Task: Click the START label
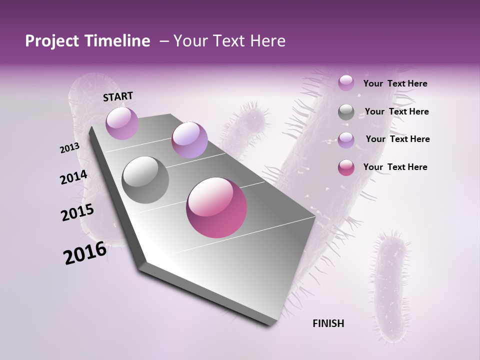(118, 96)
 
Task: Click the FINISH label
(328, 323)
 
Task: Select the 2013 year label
(69, 148)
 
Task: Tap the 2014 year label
(73, 177)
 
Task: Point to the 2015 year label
(77, 212)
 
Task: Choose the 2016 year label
(85, 253)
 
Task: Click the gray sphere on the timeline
(145, 179)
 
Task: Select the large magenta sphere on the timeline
(216, 207)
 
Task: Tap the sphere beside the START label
(122, 123)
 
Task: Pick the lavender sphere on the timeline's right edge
(189, 140)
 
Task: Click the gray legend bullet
(346, 112)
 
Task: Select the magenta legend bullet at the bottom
(346, 167)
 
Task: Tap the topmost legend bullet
(346, 83)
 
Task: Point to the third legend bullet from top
(346, 139)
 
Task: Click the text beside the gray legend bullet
(396, 111)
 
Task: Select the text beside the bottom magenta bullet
(395, 167)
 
